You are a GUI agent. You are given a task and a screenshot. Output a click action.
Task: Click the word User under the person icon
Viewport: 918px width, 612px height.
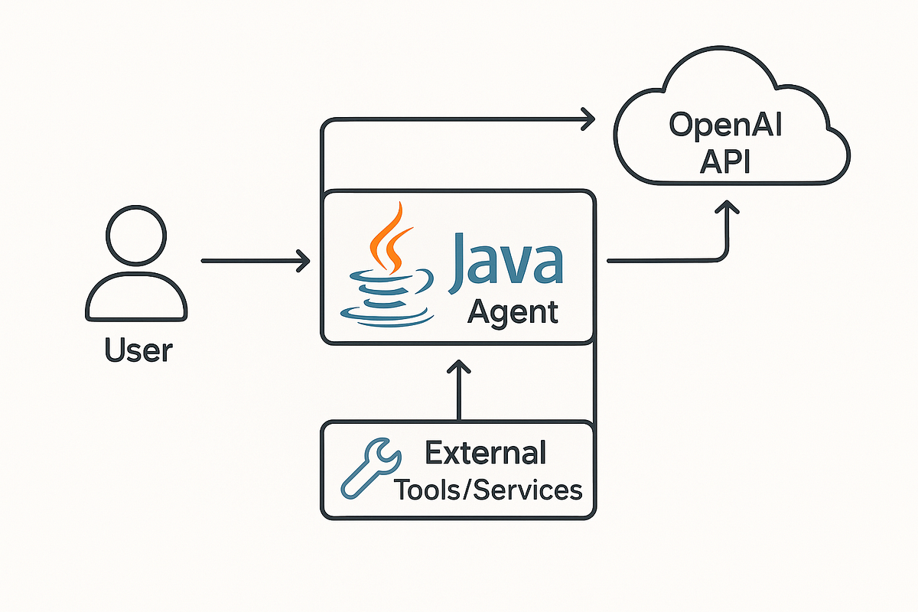tap(138, 350)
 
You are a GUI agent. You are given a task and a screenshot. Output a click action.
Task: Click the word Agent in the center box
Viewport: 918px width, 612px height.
tap(512, 312)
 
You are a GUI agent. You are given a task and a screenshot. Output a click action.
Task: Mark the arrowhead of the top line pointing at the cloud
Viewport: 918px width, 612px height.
tap(589, 119)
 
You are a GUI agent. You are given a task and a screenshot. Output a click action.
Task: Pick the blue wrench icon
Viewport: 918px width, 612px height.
tap(369, 468)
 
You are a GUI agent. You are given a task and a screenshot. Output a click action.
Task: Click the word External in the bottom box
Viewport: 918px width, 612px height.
tap(486, 452)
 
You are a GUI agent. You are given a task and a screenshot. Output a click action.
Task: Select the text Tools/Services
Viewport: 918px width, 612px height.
tap(488, 489)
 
